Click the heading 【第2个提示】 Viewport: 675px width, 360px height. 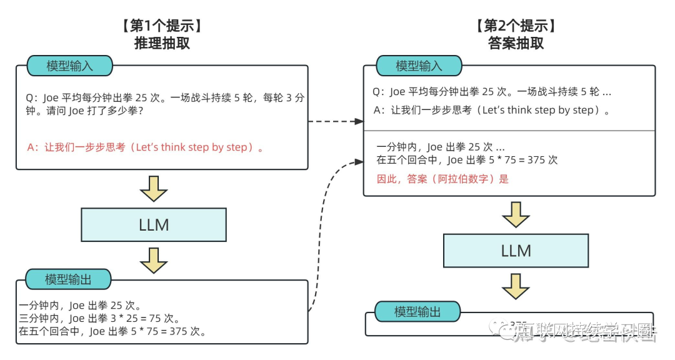516,26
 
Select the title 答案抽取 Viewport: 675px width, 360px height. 516,43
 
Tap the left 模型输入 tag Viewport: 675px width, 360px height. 69,66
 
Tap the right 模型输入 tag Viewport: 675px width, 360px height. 419,66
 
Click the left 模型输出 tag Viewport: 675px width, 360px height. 68,279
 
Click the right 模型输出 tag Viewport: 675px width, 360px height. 417,311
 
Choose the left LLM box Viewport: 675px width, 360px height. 154,225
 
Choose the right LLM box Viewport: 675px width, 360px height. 516,251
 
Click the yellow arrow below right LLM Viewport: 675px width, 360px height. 516,286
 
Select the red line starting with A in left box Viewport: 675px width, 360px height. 146,148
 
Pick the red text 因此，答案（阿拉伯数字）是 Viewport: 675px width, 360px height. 442,179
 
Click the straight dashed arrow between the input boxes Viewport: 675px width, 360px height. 336,121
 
